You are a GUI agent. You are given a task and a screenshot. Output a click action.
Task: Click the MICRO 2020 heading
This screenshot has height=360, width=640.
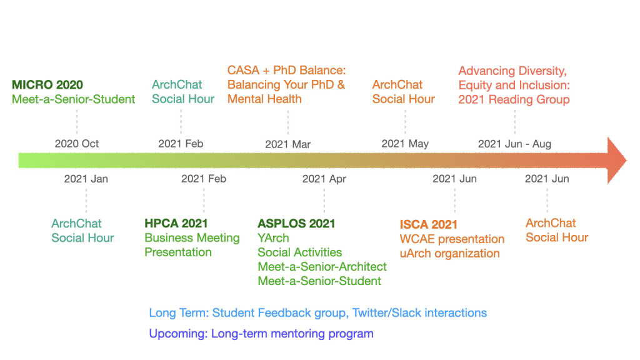click(47, 85)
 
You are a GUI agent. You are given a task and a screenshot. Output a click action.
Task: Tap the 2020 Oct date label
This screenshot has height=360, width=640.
click(77, 144)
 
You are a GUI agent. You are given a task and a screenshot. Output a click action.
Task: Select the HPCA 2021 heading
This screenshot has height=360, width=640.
click(176, 223)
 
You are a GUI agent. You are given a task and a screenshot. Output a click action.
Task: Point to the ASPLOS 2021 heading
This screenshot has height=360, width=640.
click(296, 224)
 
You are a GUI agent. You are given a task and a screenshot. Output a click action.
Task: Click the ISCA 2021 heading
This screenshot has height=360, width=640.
click(429, 224)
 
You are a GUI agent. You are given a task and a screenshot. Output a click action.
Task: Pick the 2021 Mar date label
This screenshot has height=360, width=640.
click(287, 144)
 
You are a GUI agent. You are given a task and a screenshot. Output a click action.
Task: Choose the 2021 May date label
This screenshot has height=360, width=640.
click(405, 144)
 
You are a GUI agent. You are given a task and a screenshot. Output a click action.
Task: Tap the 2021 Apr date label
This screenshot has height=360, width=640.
click(324, 179)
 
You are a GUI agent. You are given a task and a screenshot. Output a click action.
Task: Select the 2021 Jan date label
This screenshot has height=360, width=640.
click(86, 179)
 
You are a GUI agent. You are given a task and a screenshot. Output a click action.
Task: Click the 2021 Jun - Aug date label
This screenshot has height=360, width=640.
click(515, 144)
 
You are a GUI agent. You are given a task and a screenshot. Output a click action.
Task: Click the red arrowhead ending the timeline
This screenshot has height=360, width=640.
click(616, 161)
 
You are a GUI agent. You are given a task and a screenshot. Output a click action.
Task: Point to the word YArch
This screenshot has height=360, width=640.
click(273, 238)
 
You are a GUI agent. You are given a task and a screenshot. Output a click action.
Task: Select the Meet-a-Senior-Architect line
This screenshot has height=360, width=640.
click(322, 266)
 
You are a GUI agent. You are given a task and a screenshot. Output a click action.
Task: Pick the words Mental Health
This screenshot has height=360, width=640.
click(264, 99)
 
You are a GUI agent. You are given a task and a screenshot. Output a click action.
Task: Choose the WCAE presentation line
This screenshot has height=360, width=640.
click(452, 239)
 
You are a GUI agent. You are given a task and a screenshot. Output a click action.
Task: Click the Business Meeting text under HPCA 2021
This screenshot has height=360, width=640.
click(192, 238)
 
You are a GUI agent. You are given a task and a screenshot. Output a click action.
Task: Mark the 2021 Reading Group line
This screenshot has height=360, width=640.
click(514, 99)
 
